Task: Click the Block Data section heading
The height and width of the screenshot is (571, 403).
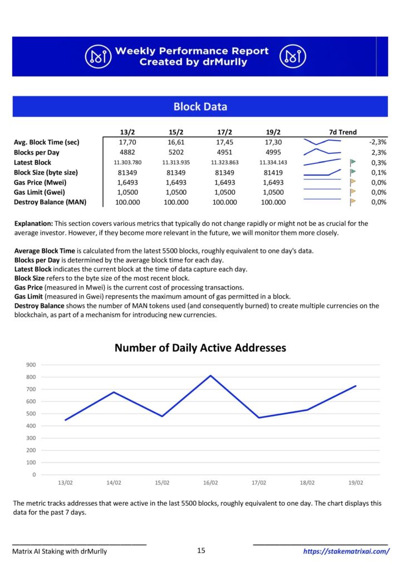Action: tap(200, 107)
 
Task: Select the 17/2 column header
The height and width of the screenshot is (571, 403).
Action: tap(224, 132)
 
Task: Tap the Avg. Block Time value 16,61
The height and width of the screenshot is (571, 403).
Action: tap(176, 142)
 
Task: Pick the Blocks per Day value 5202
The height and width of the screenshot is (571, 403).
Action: tap(176, 152)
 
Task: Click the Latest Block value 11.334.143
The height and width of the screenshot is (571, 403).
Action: tap(273, 162)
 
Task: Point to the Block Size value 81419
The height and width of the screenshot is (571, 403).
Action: tap(273, 173)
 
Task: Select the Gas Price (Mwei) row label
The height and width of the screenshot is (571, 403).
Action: tap(40, 182)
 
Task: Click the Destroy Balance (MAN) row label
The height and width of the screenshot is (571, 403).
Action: tap(50, 202)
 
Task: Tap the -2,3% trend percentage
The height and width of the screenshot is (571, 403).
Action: tap(378, 142)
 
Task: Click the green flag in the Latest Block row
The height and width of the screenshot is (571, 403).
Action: tap(352, 162)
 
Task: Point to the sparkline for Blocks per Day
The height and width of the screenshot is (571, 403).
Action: tap(322, 152)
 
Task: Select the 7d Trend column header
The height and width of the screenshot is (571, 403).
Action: tap(343, 132)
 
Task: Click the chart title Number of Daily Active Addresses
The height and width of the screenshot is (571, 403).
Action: tap(200, 348)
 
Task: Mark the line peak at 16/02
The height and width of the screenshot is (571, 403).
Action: tap(210, 375)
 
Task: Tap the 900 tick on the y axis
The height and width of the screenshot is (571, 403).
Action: tap(31, 365)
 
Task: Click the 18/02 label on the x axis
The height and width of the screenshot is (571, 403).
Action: tap(307, 482)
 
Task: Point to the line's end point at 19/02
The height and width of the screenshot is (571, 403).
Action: tap(355, 386)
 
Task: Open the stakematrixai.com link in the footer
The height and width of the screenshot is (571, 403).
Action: tap(346, 551)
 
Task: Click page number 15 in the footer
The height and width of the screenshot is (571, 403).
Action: tap(201, 550)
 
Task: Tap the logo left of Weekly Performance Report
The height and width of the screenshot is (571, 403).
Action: tap(98, 56)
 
